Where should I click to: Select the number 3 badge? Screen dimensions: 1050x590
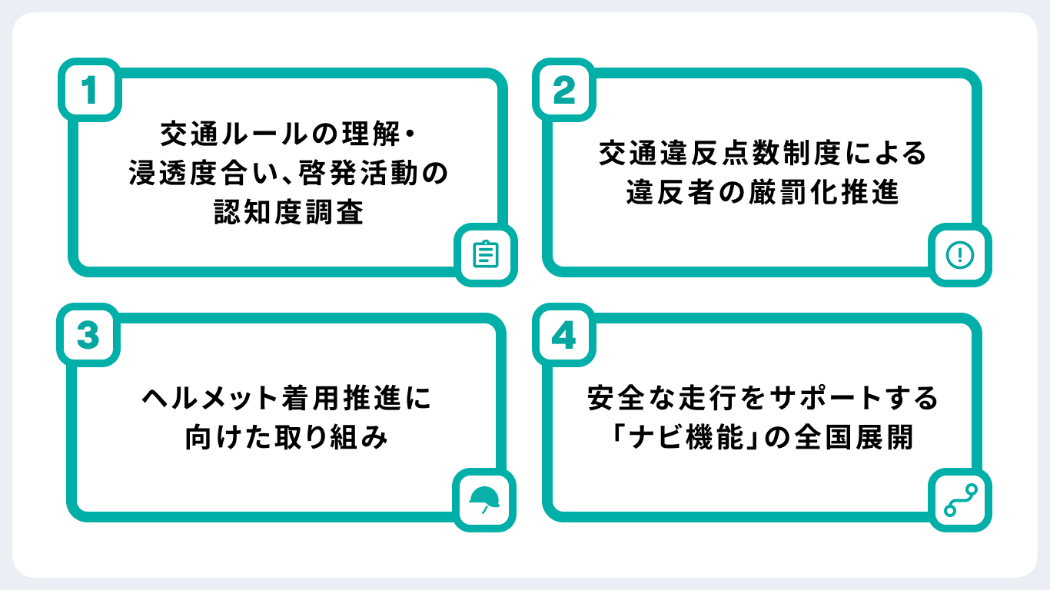pos(90,336)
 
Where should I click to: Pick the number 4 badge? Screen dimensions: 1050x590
pos(564,336)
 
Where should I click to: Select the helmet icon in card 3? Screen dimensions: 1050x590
pos(485,499)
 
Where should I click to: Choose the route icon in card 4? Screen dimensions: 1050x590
pos(959,499)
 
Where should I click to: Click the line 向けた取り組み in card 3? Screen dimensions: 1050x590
pos(287,438)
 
